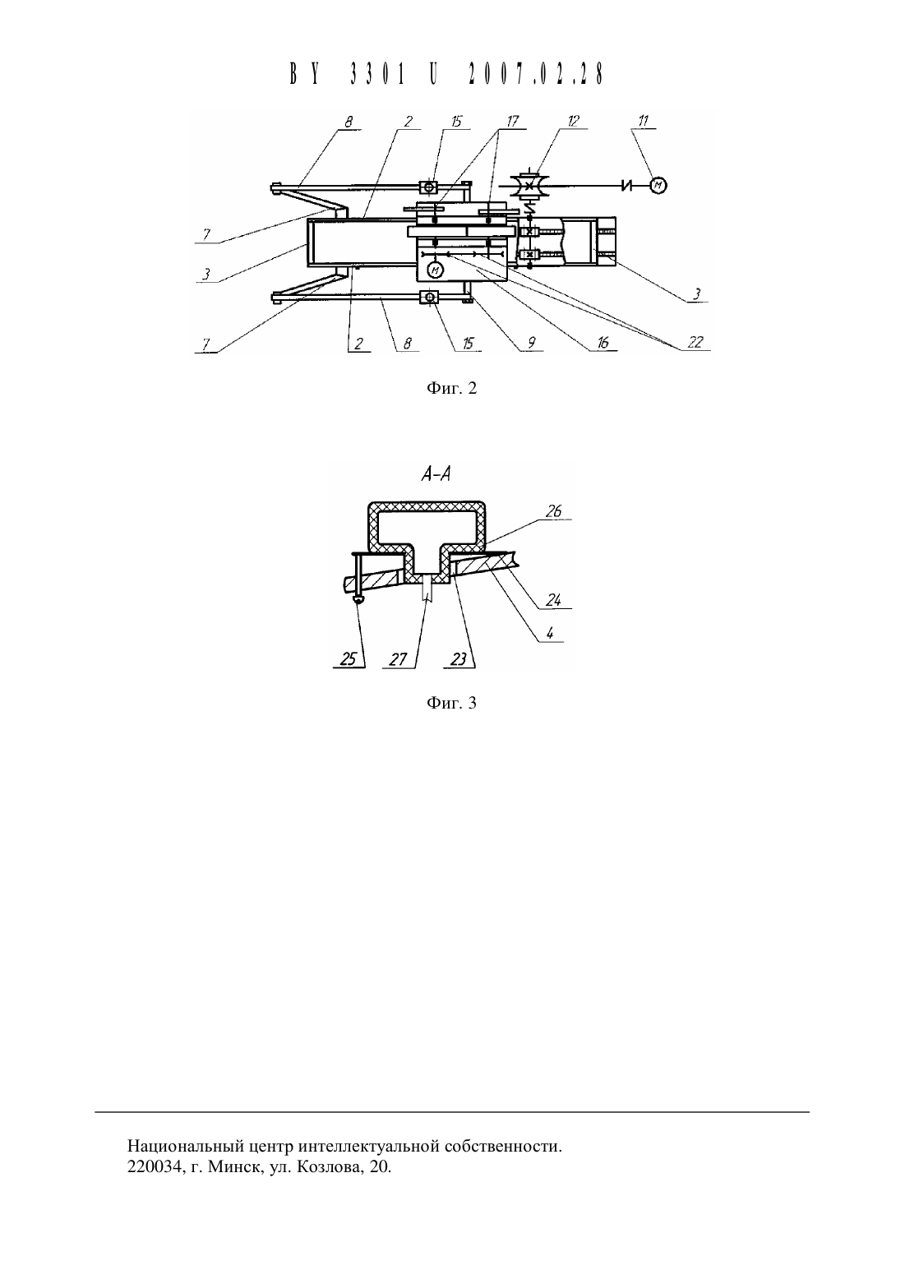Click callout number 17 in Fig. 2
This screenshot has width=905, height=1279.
(512, 121)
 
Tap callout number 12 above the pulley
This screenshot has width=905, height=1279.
(573, 121)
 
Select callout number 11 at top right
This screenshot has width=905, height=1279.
(643, 121)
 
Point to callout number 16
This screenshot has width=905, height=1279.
(603, 342)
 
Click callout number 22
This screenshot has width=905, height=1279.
(695, 342)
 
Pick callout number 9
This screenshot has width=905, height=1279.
(531, 343)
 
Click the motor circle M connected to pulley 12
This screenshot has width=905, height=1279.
(658, 185)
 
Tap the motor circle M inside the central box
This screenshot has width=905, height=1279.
(436, 270)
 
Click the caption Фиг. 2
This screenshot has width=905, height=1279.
(451, 388)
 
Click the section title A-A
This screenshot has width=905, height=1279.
(436, 474)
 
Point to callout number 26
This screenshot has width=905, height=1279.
(553, 511)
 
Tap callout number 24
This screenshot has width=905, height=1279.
(552, 600)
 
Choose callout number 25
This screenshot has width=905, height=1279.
(348, 659)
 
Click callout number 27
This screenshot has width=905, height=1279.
(398, 659)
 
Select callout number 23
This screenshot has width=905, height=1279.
(459, 659)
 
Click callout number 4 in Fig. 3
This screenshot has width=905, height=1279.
(549, 633)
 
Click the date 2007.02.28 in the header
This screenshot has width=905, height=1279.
(536, 74)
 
